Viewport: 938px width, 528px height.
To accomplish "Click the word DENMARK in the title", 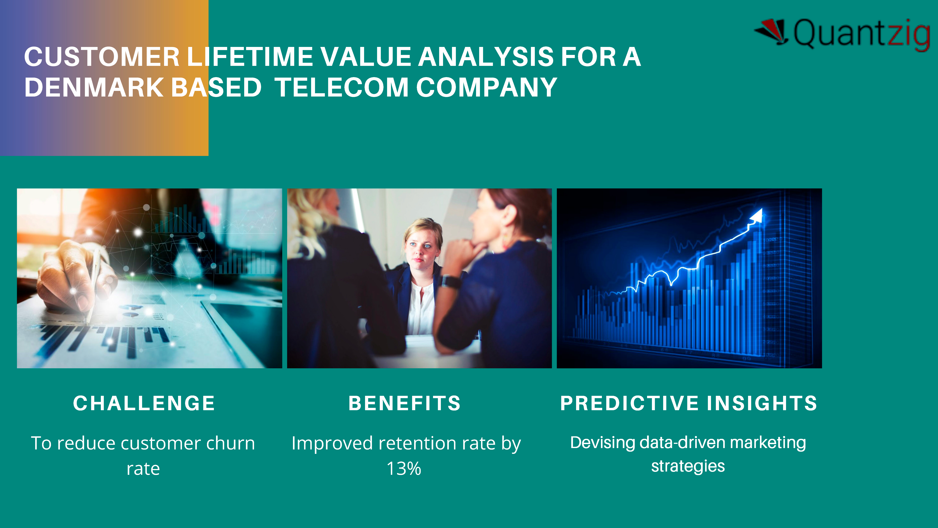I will [94, 88].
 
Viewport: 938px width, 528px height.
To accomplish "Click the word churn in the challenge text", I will [230, 444].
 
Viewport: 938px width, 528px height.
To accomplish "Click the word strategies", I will [688, 466].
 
